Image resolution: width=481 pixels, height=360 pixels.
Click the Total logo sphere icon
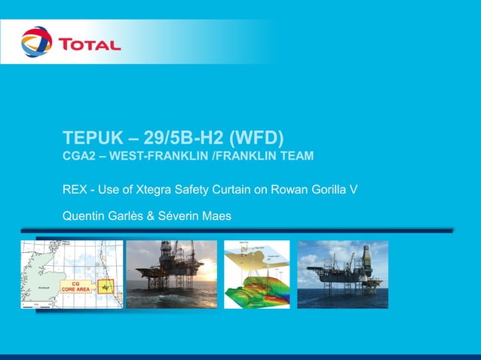click(36, 42)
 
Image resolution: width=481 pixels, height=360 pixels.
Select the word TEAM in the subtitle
click(295, 157)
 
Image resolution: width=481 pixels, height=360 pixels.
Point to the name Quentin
click(82, 217)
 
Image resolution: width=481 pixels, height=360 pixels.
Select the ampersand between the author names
click(149, 217)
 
